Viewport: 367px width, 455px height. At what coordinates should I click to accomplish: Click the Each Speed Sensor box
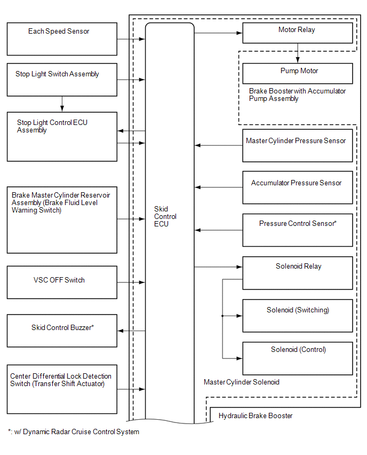pos(62,39)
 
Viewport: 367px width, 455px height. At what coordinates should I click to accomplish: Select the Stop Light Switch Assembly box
pos(62,80)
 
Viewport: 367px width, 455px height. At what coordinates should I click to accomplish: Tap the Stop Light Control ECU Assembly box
pos(62,137)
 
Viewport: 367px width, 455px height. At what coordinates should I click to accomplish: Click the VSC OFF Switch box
pos(62,283)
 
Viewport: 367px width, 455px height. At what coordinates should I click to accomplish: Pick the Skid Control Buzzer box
pos(62,331)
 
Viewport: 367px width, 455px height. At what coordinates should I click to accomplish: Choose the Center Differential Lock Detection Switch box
pos(62,389)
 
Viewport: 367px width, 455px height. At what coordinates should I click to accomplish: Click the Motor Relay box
pos(298,33)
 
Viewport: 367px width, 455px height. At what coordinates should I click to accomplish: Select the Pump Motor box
pos(298,73)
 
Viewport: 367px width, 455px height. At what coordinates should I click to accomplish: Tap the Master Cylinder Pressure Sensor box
pos(298,145)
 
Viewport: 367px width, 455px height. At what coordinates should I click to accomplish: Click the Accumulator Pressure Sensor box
pos(298,187)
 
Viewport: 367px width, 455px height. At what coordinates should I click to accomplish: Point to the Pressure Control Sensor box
pos(298,230)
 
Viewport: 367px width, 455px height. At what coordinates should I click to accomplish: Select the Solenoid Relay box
pos(298,273)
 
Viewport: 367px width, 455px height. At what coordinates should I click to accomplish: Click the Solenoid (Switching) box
pos(298,316)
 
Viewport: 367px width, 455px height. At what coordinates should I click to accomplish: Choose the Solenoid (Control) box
pos(298,358)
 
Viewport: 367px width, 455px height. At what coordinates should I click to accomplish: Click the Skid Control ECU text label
pos(165,216)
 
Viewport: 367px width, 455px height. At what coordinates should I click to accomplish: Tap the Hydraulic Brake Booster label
pos(256,416)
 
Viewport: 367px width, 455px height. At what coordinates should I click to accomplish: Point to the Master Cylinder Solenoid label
pos(242,382)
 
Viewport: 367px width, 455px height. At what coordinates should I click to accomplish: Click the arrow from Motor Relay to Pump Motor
pos(298,53)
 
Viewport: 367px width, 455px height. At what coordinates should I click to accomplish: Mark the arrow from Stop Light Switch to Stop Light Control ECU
pos(62,104)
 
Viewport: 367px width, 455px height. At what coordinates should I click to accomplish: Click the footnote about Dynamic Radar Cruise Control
pos(74,432)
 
